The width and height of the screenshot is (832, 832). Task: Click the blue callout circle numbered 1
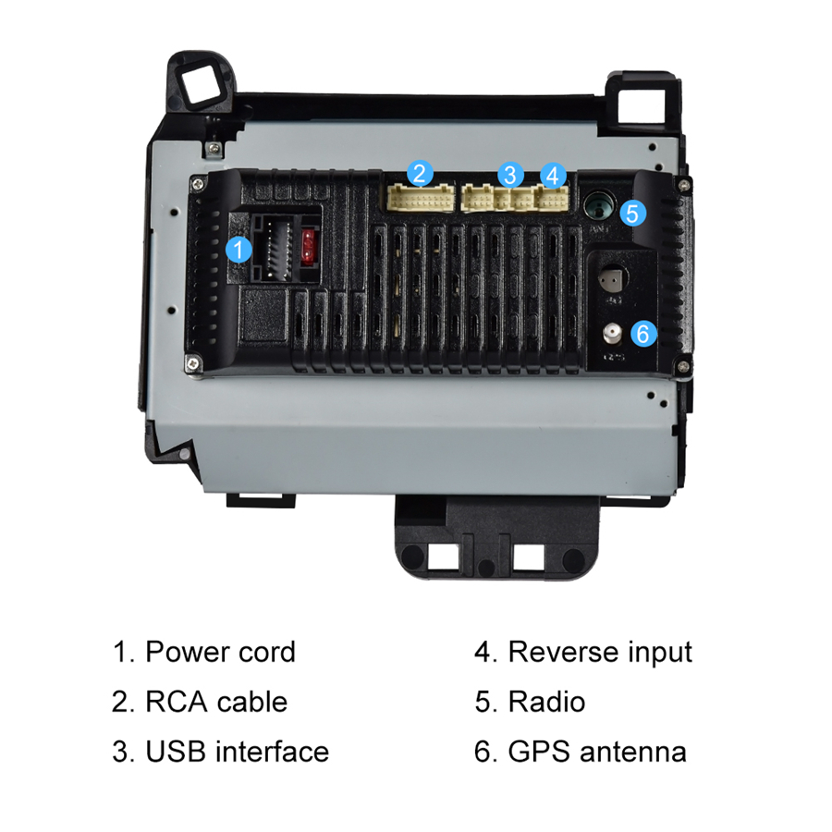pos(239,249)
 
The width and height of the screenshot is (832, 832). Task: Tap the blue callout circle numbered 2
pos(420,173)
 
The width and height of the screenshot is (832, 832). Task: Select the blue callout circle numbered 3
pos(510,175)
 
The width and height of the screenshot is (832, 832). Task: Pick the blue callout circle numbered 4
pos(553,175)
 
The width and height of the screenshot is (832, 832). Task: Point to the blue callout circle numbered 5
pos(632,213)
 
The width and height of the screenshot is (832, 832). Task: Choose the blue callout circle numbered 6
pos(643,333)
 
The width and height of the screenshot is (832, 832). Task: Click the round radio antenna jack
pos(599,205)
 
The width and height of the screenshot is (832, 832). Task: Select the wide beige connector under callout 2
pos(421,199)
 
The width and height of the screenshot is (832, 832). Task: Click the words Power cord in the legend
pos(220,652)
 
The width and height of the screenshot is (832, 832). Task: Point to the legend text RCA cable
pos(216,702)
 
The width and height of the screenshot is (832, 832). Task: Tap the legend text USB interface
pos(237,752)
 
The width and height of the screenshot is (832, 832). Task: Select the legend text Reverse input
pos(600,652)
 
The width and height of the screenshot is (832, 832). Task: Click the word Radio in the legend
pos(546,702)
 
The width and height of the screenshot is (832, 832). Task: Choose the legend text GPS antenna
pos(597,752)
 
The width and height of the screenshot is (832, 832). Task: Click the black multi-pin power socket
pos(273,248)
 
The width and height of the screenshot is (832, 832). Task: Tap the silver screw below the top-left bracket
pos(214,149)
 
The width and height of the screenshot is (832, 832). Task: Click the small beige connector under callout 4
pos(553,199)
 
